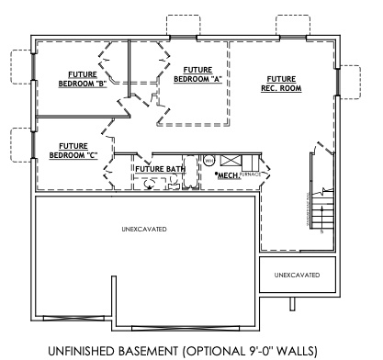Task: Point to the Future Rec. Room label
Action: (x=282, y=84)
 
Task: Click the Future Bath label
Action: (x=162, y=169)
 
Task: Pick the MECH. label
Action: (x=227, y=174)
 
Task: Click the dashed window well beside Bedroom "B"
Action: (x=20, y=66)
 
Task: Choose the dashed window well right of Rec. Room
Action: (x=350, y=81)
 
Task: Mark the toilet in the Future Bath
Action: (x=150, y=184)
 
